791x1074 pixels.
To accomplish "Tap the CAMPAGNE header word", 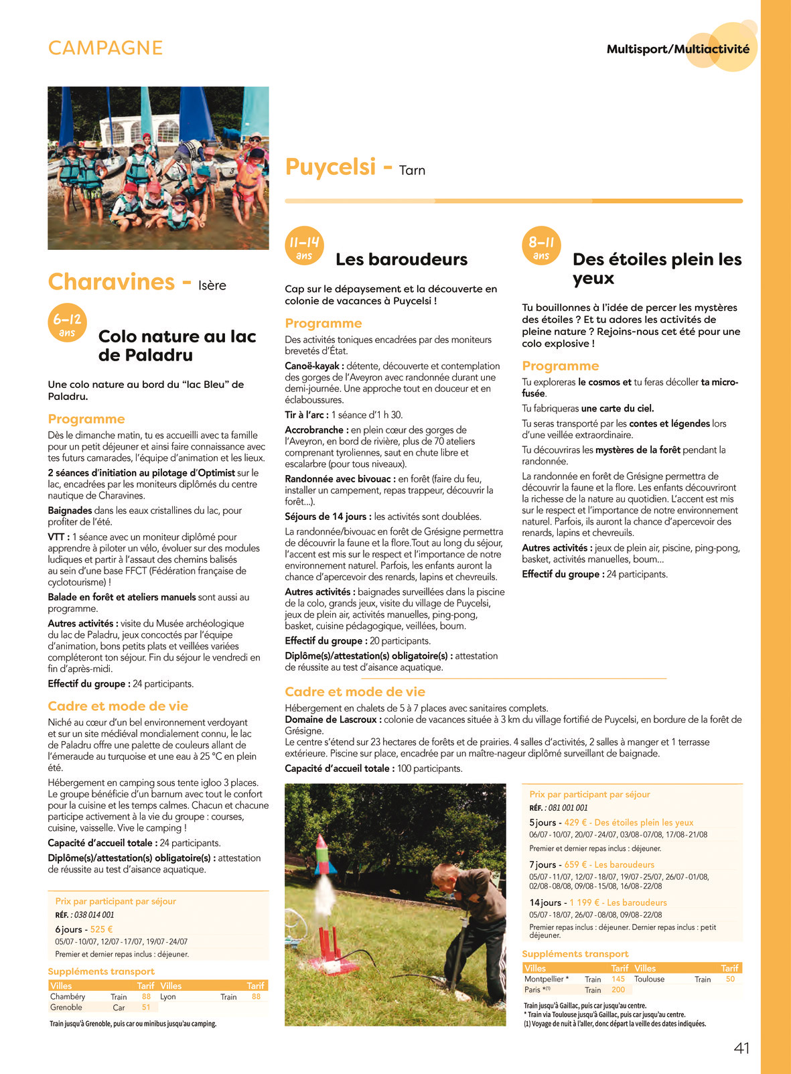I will [x=105, y=48].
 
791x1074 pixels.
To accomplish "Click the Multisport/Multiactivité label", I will [x=678, y=49].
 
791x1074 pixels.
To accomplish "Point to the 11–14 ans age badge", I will [x=304, y=246].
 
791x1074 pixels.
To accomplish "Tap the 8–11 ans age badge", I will [x=541, y=246].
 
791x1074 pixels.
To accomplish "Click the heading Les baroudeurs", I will [x=401, y=259].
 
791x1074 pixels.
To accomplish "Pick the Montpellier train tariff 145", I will [x=618, y=979].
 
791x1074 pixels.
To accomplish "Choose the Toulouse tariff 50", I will [x=730, y=979].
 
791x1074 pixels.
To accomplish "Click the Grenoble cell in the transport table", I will [x=66, y=1007].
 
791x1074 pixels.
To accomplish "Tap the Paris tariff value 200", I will [x=618, y=990].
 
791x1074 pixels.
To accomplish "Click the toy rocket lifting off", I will [x=321, y=856].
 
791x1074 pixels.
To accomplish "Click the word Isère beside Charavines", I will [x=212, y=285].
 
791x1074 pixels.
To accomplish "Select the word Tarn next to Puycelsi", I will [x=412, y=171].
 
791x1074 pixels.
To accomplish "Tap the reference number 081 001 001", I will [x=568, y=808].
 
